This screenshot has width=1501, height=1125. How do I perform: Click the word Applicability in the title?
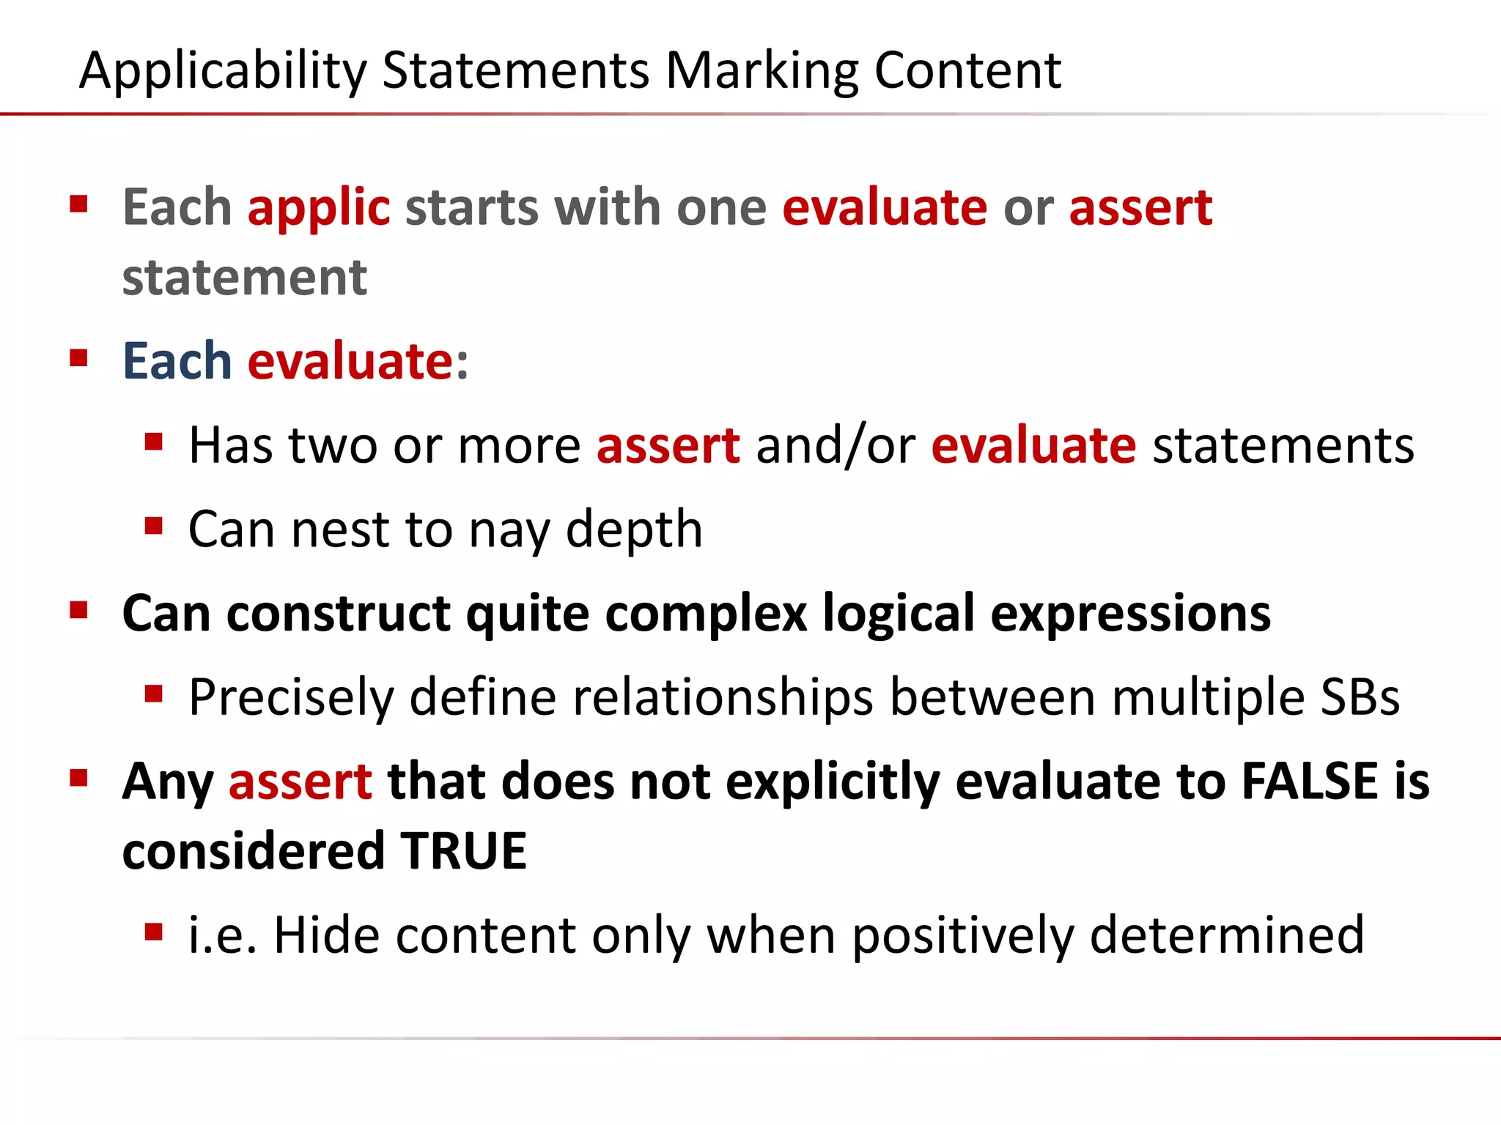[222, 71]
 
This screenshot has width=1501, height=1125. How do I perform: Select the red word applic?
[318, 208]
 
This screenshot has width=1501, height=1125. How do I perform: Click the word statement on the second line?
[244, 278]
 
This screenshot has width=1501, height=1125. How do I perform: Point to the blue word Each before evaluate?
[177, 361]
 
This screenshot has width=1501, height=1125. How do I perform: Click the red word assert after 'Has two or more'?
[668, 445]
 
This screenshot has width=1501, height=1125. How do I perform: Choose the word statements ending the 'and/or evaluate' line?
[1283, 445]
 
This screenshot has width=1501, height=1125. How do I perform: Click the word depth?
[634, 530]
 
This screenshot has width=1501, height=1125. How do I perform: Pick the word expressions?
[1130, 614]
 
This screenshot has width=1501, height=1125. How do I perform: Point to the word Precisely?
[291, 697]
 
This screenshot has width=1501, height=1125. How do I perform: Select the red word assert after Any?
[300, 781]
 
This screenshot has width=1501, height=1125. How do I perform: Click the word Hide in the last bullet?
[326, 935]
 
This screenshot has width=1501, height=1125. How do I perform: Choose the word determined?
[1226, 935]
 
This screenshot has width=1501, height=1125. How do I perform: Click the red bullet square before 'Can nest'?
[153, 526]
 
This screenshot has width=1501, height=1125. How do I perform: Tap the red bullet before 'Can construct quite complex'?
[78, 610]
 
